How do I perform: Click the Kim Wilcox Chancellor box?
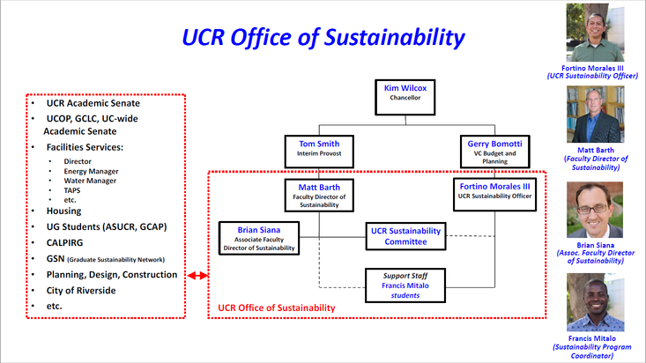[405, 93]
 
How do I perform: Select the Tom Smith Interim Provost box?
[319, 148]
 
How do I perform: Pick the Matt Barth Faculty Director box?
[319, 194]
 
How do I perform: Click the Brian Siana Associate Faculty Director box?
[259, 238]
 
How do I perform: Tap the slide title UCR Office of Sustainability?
[323, 37]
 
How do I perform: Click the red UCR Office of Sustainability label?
[277, 307]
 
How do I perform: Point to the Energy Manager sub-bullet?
[92, 171]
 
